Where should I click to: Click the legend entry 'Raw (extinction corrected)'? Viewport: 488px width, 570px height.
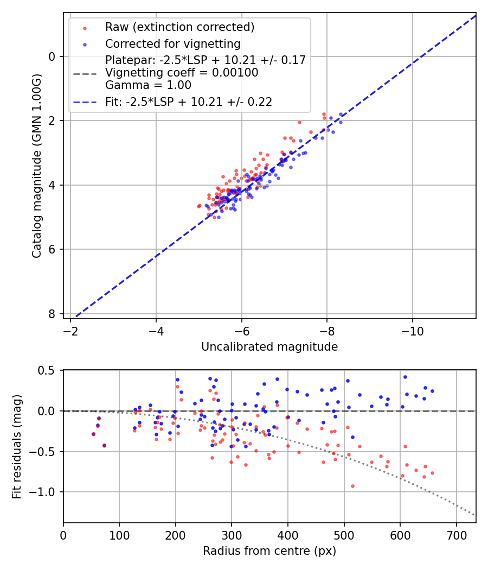click(179, 27)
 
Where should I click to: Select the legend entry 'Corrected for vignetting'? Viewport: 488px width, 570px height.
click(173, 43)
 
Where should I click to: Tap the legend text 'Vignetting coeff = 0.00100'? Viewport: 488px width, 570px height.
click(182, 73)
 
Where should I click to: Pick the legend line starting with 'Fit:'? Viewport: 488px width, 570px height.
click(189, 102)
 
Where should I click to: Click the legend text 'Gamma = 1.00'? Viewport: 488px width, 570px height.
click(148, 85)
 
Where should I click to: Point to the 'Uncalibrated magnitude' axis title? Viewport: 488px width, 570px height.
click(269, 347)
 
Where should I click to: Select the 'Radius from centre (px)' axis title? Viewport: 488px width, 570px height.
click(269, 551)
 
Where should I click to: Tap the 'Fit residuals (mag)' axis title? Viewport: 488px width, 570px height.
click(17, 446)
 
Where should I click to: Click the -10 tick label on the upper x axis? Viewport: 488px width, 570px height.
click(413, 331)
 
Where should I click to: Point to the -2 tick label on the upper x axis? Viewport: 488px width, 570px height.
click(70, 331)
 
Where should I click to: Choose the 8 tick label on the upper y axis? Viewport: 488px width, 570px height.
click(52, 314)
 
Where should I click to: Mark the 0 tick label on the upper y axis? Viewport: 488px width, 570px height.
click(52, 56)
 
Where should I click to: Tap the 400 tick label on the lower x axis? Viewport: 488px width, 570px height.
click(287, 535)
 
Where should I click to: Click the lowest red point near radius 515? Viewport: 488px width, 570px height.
click(352, 486)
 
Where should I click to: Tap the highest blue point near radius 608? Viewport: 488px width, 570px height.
click(404, 377)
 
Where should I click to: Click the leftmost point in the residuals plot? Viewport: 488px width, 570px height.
click(93, 434)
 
